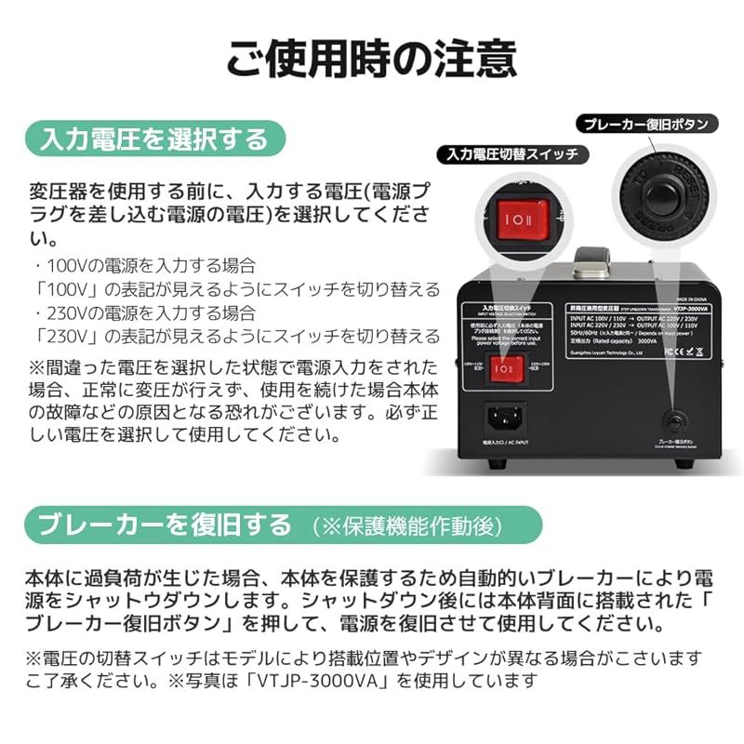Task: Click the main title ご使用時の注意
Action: coord(372,58)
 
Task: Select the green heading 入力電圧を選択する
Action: coord(153,139)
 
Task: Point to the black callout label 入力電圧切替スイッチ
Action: coord(511,154)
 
